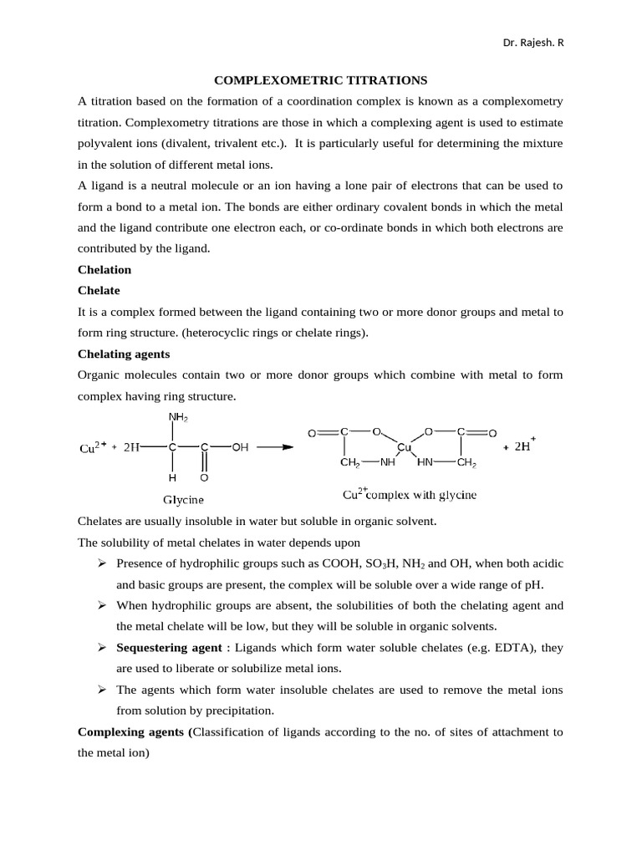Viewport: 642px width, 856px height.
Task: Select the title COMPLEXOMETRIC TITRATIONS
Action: tap(321, 80)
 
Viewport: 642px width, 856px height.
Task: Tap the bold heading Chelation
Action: tap(104, 270)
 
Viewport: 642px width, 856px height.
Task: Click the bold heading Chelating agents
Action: tap(123, 354)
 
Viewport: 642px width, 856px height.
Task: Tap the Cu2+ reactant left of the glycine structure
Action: tap(92, 447)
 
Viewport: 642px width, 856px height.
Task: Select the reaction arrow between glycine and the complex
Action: tap(275, 446)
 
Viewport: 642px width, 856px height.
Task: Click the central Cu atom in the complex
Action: tap(404, 447)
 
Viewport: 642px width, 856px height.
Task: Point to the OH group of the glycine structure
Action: tap(240, 447)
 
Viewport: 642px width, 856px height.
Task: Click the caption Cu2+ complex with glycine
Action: tap(409, 495)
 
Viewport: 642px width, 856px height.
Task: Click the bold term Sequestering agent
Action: tap(169, 648)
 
